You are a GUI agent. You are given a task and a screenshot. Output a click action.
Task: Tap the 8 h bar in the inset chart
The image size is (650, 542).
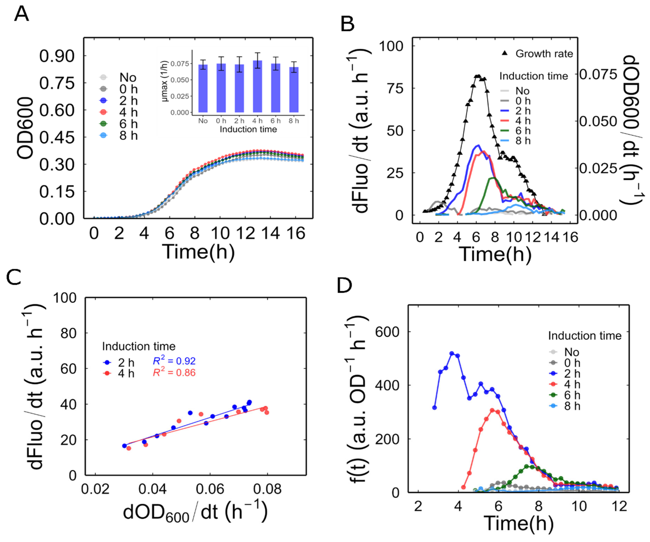tap(294, 90)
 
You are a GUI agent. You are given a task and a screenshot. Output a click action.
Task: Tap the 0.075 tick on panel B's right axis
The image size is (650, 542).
tap(598, 74)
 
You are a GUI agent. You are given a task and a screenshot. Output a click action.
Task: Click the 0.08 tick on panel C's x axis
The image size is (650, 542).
tap(267, 489)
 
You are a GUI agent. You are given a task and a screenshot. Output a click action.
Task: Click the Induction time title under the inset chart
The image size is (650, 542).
tap(248, 129)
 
